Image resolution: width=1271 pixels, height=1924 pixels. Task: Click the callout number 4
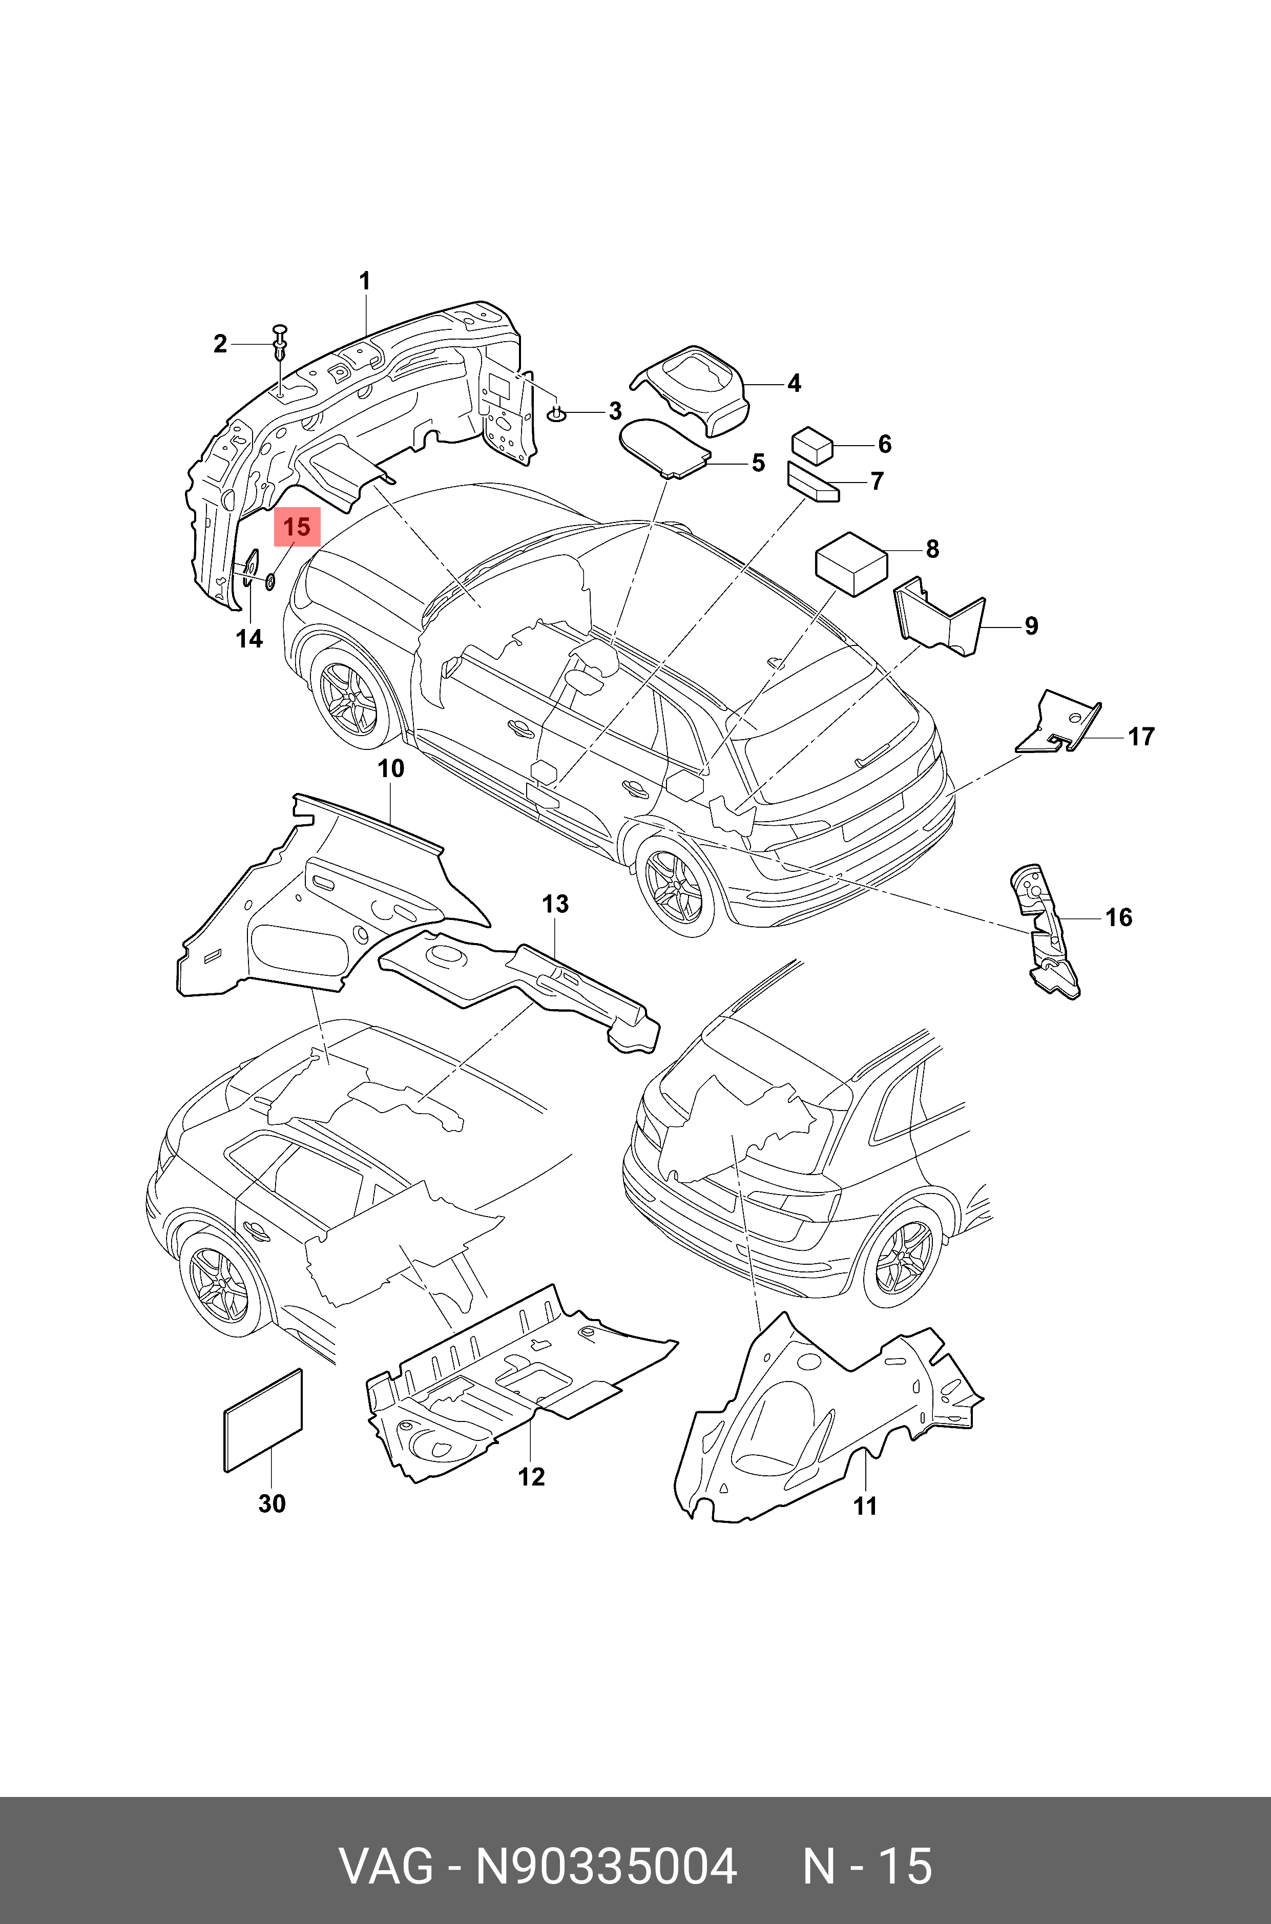794,383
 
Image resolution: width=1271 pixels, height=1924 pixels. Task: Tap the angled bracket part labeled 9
940,619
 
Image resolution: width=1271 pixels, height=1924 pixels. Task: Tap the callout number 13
555,903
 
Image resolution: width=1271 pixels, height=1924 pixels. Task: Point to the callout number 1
365,281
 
